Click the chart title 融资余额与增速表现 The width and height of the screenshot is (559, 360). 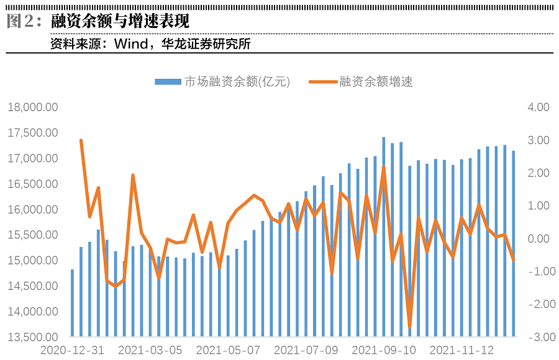pyautogui.click(x=120, y=22)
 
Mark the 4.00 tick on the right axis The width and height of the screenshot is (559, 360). pyautogui.click(x=539, y=107)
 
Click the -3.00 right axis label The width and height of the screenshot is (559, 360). pyautogui.click(x=537, y=337)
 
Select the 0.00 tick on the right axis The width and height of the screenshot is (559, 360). pyautogui.click(x=539, y=238)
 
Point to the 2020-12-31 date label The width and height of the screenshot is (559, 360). pyautogui.click(x=72, y=350)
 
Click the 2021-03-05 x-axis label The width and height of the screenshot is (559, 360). pyautogui.click(x=150, y=350)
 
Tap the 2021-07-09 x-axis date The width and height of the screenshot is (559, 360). pyautogui.click(x=306, y=350)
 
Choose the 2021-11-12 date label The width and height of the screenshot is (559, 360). pyautogui.click(x=462, y=350)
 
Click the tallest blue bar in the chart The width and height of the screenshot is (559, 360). pyautogui.click(x=383, y=236)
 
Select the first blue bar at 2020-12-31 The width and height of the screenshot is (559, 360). pyautogui.click(x=72, y=303)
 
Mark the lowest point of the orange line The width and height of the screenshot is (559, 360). pyautogui.click(x=409, y=327)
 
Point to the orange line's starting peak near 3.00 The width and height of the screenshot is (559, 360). pyautogui.click(x=81, y=140)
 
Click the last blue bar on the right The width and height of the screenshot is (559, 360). pyautogui.click(x=513, y=243)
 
